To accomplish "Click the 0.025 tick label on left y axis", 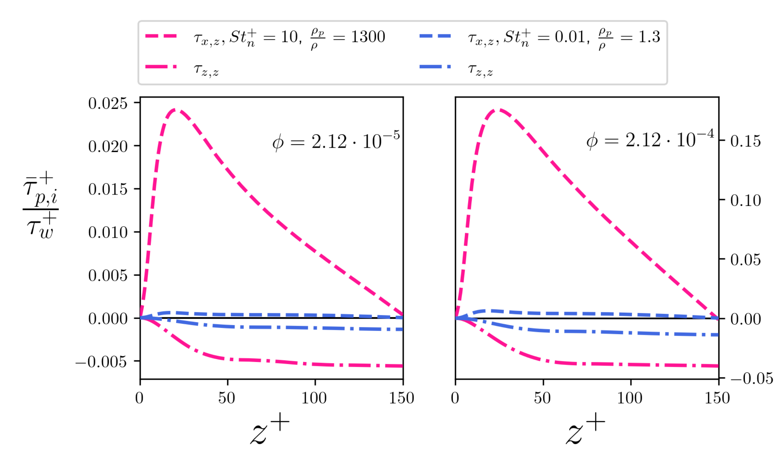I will [108, 103].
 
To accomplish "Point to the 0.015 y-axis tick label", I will [108, 189].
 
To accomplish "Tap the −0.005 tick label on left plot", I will [101, 362].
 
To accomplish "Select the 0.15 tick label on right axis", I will [745, 141].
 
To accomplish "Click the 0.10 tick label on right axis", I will [745, 200].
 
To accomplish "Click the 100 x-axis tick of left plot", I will [314, 398].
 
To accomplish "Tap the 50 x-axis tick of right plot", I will [542, 398].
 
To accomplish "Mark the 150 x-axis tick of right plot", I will [717, 398].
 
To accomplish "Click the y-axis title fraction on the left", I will [40, 206].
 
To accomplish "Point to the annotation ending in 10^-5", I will [336, 141].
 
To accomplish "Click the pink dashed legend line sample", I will [161, 36].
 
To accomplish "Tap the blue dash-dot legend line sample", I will [435, 67].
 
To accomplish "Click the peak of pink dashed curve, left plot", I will [176, 110].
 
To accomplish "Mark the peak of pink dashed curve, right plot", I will [499, 110].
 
